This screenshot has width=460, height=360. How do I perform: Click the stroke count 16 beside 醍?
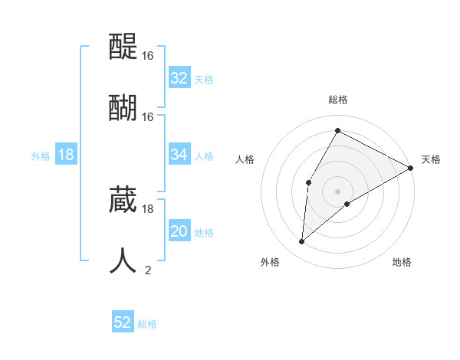point(148,56)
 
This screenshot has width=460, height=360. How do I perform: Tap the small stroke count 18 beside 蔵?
point(148,208)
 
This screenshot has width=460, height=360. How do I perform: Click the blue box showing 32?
point(179,78)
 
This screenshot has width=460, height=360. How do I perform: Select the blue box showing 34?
point(179,155)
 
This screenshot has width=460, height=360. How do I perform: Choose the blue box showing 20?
point(179,232)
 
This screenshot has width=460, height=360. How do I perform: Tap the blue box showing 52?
point(123,322)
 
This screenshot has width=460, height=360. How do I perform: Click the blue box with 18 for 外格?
point(66,155)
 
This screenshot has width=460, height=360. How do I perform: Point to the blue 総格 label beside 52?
point(147,324)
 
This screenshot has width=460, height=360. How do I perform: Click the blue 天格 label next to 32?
point(204,79)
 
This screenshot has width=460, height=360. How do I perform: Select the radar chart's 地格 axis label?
point(402,262)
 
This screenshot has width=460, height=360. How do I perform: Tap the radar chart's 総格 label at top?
point(338,100)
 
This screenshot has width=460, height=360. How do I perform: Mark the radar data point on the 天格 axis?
point(411,168)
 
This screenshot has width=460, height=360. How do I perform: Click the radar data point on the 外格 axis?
point(302,242)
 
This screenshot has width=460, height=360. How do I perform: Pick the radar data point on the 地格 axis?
point(347,204)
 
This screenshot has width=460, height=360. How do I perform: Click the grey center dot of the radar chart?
point(338,191)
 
